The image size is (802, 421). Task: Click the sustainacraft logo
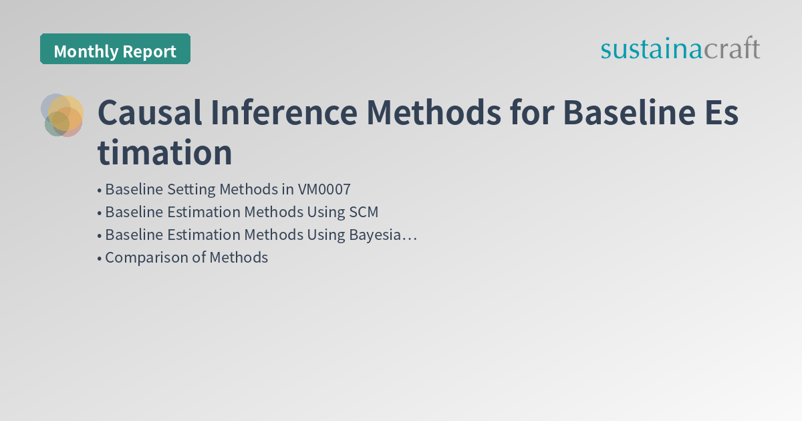pos(680,49)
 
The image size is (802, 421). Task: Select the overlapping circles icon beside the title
pos(62,115)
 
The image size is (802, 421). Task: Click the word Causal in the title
pos(148,114)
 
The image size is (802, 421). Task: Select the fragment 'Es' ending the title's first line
pos(720,114)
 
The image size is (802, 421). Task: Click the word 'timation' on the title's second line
pos(165,153)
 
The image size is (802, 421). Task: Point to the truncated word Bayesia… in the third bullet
pos(382,235)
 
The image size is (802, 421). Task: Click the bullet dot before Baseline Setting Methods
pos(100,190)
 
